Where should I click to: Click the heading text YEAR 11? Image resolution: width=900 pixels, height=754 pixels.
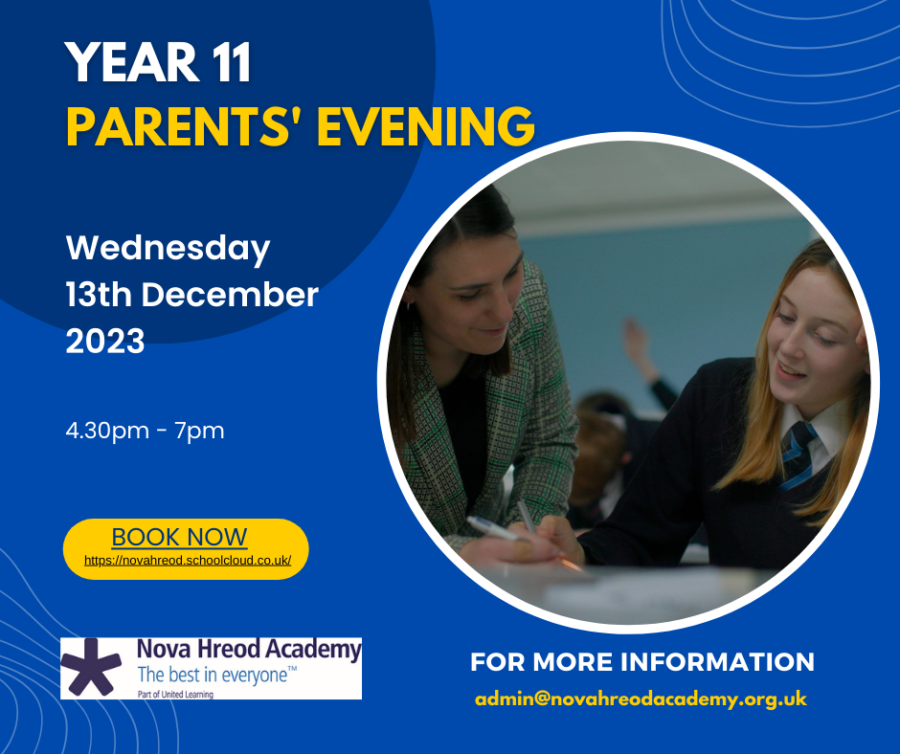click(158, 62)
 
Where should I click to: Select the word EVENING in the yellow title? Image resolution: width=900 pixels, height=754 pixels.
click(425, 126)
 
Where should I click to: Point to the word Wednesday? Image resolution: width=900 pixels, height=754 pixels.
click(168, 249)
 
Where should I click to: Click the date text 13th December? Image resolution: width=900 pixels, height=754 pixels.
click(191, 295)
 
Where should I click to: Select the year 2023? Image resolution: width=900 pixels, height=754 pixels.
click(105, 341)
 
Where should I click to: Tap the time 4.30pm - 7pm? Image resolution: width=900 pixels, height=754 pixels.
click(145, 431)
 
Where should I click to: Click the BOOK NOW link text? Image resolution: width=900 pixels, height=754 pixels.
click(179, 537)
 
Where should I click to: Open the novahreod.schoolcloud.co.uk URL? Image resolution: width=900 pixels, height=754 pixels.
click(188, 560)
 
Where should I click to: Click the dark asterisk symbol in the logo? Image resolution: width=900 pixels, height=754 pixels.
click(91, 667)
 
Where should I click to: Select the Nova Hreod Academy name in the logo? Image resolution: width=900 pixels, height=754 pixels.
click(249, 650)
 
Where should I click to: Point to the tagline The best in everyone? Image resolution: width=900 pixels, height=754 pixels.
click(217, 675)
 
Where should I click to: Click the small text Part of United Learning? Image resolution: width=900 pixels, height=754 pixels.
click(175, 695)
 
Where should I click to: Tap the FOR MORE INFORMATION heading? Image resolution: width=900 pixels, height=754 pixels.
click(642, 661)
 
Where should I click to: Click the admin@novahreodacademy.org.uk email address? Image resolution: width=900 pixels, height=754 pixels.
click(641, 699)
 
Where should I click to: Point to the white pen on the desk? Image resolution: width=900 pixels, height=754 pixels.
click(494, 528)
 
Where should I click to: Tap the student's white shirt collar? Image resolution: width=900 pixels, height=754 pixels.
click(815, 431)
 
